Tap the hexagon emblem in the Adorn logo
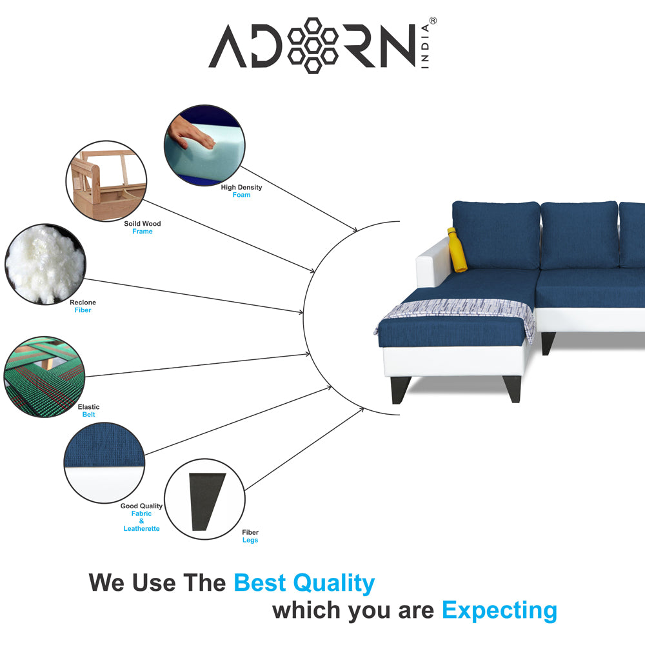[313, 46]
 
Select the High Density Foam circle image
[204, 146]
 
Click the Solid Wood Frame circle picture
[106, 183]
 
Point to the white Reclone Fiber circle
[45, 263]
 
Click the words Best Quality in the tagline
[304, 582]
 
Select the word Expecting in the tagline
[499, 610]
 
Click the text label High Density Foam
[241, 191]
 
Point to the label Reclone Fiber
[83, 306]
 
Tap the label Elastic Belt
[88, 411]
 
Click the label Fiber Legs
[250, 536]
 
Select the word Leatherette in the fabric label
[141, 529]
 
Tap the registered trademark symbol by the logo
[433, 21]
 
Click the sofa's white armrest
[431, 271]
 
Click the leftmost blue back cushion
[497, 235]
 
